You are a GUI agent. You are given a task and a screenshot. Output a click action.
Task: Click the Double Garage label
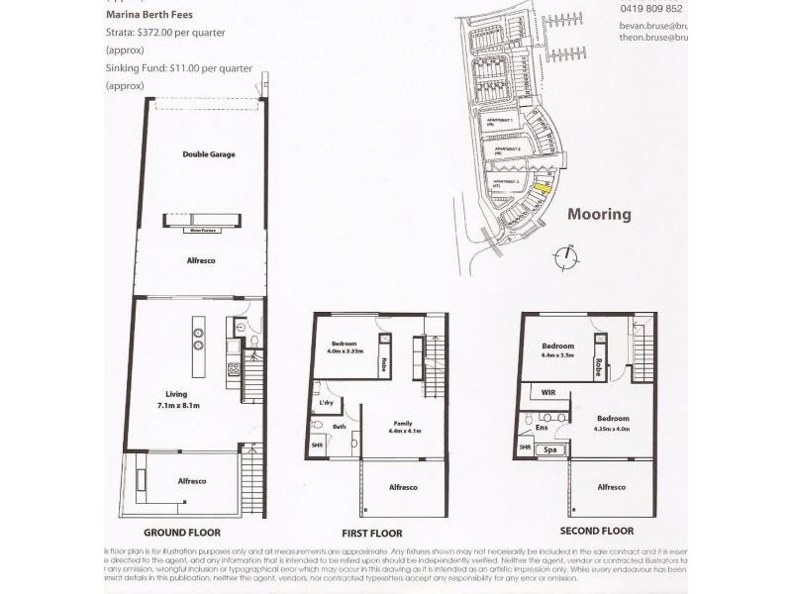tap(208, 154)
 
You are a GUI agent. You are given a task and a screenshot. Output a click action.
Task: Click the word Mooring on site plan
tap(598, 213)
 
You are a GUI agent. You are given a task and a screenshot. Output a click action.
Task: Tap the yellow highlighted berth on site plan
tap(542, 183)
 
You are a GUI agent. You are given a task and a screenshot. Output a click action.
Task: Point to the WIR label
tap(547, 393)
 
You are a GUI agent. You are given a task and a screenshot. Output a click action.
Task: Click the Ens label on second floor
tap(543, 427)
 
